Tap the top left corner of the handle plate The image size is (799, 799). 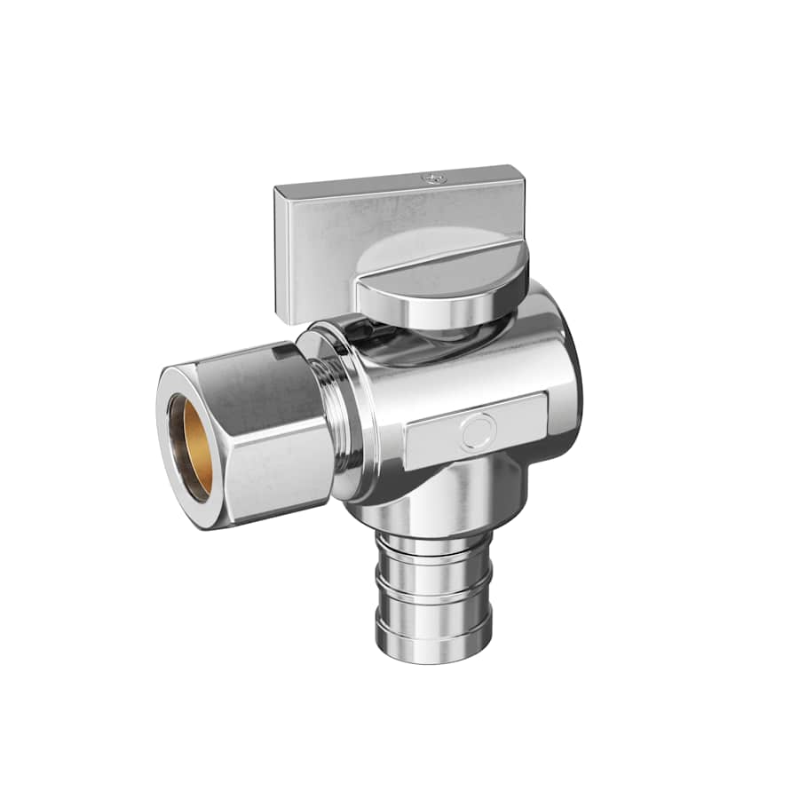(x=277, y=188)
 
